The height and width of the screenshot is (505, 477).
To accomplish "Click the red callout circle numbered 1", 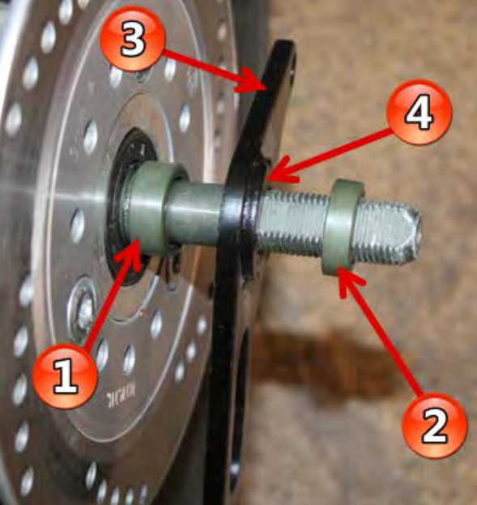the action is [x=65, y=376].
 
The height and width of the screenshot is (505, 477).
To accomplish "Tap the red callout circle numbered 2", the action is [x=434, y=425].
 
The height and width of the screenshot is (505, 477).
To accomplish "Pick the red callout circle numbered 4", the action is [x=419, y=112].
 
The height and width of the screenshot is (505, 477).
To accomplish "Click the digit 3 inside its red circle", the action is [x=133, y=40].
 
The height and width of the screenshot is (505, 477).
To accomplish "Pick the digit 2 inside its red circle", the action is [x=434, y=426].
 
